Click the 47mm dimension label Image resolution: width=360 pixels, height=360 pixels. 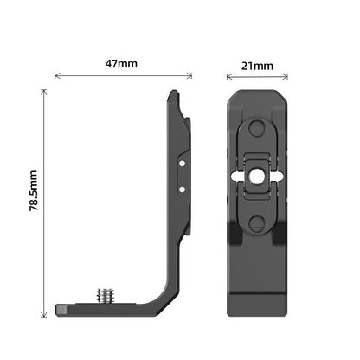tap(123, 64)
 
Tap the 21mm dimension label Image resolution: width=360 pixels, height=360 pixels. tap(257, 65)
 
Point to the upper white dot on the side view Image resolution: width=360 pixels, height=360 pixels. tap(183, 160)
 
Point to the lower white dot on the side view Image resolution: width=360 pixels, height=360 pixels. tap(183, 188)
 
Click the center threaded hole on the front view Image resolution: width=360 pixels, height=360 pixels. tap(256, 176)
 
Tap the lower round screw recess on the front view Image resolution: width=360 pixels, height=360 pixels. tap(256, 222)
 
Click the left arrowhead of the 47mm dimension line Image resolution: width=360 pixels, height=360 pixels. tap(57, 76)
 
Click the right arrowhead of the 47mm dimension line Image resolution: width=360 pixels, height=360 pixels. tap(190, 76)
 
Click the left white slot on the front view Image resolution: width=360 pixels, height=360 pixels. tap(236, 176)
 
